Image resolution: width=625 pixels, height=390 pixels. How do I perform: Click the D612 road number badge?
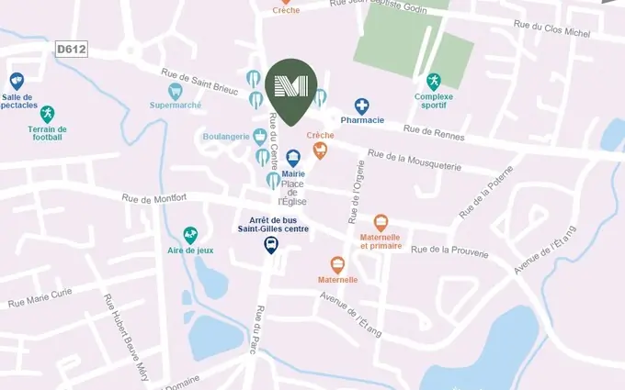point(71,49)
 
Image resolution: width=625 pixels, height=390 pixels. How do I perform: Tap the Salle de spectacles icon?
point(17,81)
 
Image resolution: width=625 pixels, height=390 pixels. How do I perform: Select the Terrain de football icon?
point(47,114)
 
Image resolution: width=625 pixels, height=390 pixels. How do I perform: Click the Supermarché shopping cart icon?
point(175,91)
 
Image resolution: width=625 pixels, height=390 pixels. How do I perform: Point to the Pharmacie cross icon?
point(362,106)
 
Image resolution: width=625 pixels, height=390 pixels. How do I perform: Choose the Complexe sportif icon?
point(434,82)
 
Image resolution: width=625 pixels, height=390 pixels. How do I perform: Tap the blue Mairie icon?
point(293,158)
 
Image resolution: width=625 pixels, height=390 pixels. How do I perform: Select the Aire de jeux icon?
point(190,235)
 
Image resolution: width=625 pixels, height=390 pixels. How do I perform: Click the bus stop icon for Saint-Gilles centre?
point(271,245)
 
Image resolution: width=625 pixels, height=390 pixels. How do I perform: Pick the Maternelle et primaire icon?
point(381,223)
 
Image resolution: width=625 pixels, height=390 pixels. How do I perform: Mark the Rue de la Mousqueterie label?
point(412,163)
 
